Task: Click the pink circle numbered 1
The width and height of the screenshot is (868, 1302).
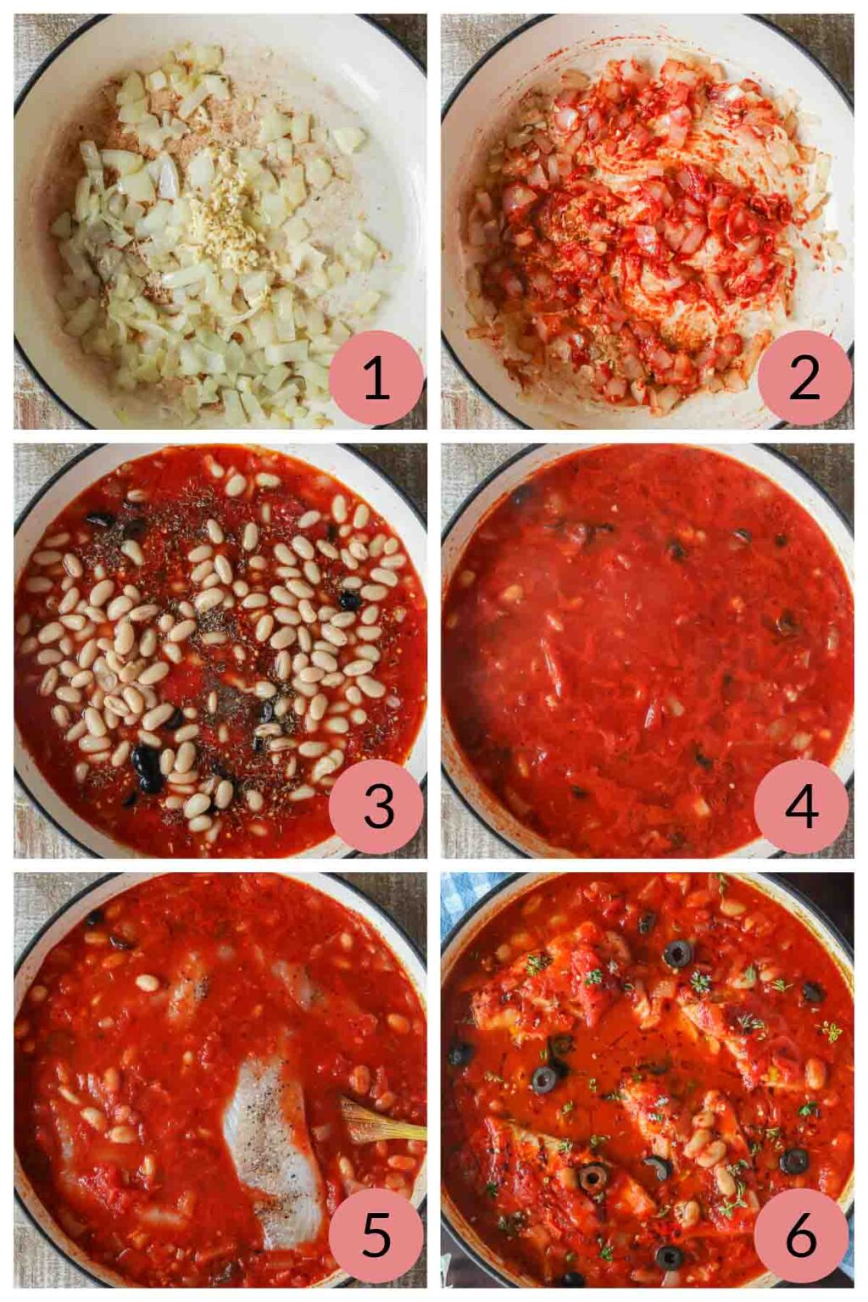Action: pos(376,377)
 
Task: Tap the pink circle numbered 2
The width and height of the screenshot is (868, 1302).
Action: pos(804,377)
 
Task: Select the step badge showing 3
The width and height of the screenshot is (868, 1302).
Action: pos(376,806)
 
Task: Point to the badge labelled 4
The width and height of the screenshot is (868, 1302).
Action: pos(801,806)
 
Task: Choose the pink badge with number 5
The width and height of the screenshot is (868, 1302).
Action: pos(376,1235)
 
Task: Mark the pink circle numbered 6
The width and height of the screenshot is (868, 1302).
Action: pos(801,1235)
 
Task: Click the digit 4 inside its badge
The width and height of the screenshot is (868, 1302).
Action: pos(801,806)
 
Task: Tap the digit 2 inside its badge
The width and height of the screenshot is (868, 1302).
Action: pos(804,377)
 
